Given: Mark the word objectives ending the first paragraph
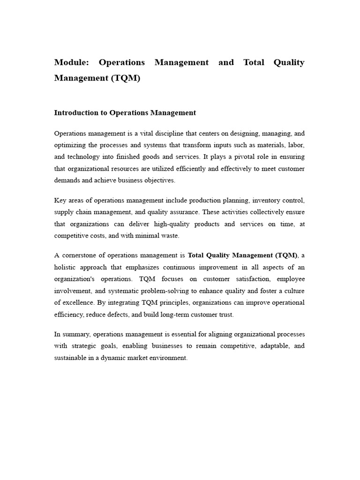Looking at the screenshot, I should coord(159,180).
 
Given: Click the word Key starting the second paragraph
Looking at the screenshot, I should coord(60,201).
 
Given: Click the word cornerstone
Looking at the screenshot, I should coord(83,255).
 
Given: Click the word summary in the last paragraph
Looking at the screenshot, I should coord(77,334).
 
